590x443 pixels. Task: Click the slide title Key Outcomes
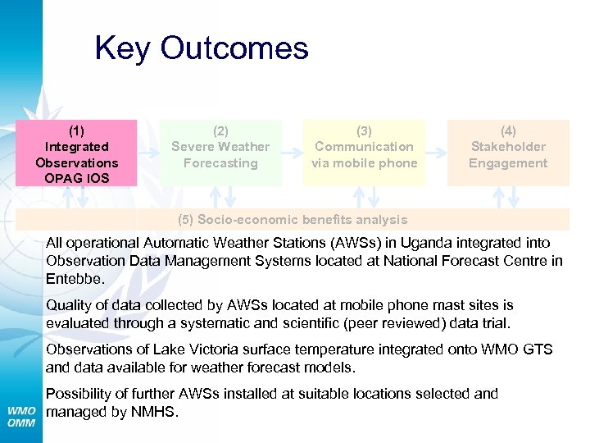pyautogui.click(x=201, y=48)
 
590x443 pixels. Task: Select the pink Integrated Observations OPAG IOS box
pyautogui.click(x=77, y=153)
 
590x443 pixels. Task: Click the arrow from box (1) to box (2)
pyautogui.click(x=148, y=153)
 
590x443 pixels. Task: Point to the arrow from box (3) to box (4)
pyautogui.click(x=436, y=153)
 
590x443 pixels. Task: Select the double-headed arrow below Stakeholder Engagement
pyautogui.click(x=514, y=197)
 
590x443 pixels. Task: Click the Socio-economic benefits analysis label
pyautogui.click(x=293, y=220)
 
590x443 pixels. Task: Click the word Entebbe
pyautogui.click(x=73, y=279)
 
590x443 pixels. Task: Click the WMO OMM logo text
pyautogui.click(x=22, y=416)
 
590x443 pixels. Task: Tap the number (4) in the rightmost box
pyautogui.click(x=508, y=130)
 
